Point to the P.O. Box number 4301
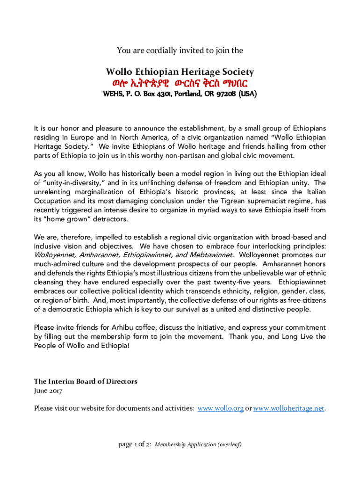[x=161, y=94]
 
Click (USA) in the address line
[x=247, y=94]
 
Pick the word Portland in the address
[x=187, y=94]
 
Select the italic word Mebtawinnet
[x=212, y=255]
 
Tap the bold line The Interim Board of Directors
[x=86, y=381]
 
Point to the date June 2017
[x=48, y=390]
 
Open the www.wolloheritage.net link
[x=288, y=408]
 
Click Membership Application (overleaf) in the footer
[x=198, y=444]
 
